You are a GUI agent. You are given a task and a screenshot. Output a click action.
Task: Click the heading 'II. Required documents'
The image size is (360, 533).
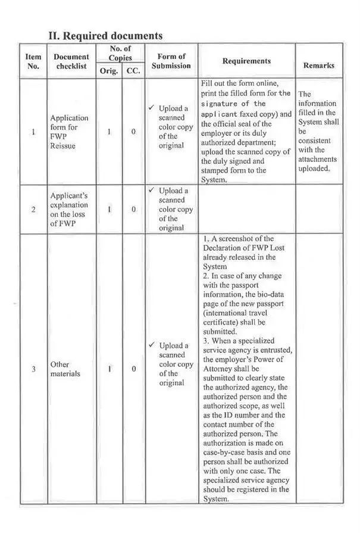105,36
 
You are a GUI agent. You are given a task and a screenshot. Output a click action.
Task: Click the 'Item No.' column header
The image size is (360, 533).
33,61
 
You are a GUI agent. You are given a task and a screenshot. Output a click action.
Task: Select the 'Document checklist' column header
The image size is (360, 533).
71,61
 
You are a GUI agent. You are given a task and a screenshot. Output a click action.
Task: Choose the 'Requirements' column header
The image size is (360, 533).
246,61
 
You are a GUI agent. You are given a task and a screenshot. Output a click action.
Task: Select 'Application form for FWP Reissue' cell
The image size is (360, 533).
69,132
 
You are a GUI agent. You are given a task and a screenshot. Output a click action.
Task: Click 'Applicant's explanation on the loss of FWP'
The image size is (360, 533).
69,209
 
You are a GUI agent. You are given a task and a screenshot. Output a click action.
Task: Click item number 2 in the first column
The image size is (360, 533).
33,209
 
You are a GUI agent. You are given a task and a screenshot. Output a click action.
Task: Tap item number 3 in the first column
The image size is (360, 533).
33,369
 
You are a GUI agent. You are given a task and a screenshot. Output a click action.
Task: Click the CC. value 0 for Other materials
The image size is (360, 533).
133,369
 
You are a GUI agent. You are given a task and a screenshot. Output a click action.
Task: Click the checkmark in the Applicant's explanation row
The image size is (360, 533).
152,191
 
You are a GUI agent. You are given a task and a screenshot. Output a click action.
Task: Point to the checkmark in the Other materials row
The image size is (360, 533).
152,345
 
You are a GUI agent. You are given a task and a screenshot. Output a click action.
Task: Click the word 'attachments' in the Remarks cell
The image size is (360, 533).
317,159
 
